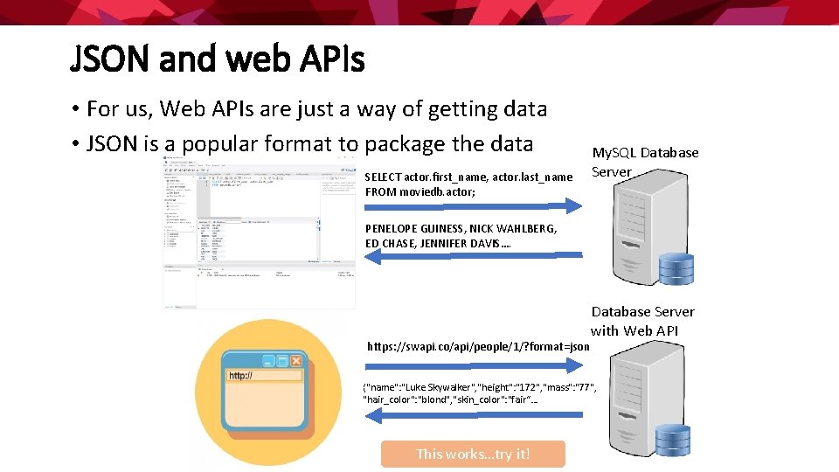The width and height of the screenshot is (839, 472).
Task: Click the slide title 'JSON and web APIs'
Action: pyautogui.click(x=217, y=60)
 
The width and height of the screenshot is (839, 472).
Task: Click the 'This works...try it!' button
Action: pyautogui.click(x=473, y=454)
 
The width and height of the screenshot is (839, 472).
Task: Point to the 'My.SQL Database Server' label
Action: pyautogui.click(x=645, y=162)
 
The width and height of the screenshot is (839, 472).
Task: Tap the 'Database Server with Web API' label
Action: pyautogui.click(x=643, y=321)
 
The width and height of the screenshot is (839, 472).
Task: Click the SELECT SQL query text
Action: pyautogui.click(x=468, y=184)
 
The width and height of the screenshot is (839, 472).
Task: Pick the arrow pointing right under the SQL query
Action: pyautogui.click(x=473, y=206)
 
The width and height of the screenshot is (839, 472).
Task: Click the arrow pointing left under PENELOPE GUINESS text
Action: pyautogui.click(x=473, y=255)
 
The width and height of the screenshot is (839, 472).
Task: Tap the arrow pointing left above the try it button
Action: pyautogui.click(x=473, y=416)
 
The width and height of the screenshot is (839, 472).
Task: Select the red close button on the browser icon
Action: pyautogui.click(x=296, y=360)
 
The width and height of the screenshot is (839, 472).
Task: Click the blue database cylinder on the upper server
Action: pyautogui.click(x=676, y=268)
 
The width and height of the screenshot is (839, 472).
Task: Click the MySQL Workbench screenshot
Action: pyautogui.click(x=260, y=233)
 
